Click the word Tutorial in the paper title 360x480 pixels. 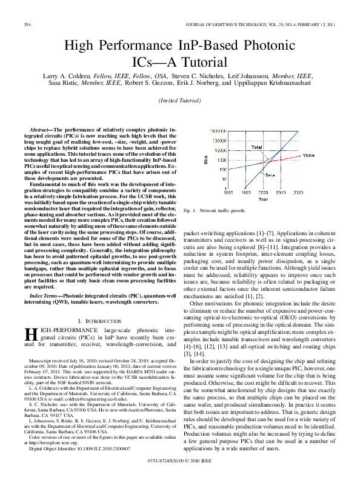(201, 61)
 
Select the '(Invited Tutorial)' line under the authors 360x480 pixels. (179, 100)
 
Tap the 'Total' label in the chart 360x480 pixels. (257, 147)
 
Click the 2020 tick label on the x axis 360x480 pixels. (298, 192)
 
